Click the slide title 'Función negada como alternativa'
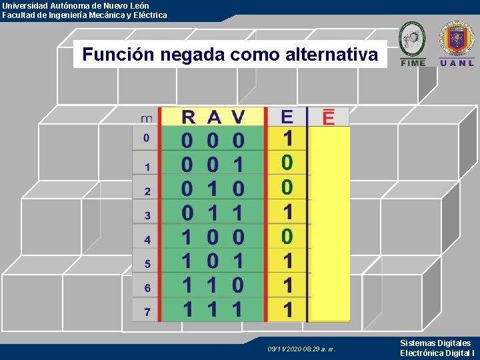tap(230, 54)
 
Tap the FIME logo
tap(412, 43)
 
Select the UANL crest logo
tap(457, 43)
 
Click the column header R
tap(189, 117)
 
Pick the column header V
tap(238, 117)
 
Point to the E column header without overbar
tap(287, 117)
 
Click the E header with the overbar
tap(329, 117)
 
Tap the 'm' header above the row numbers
tap(147, 119)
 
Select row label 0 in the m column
tap(147, 139)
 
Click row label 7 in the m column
tap(147, 311)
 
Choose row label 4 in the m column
tap(147, 239)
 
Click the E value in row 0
tap(287, 139)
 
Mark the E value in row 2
tap(287, 187)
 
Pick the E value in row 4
tap(287, 236)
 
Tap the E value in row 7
tap(287, 310)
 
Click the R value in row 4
tap(189, 237)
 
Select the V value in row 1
tap(238, 164)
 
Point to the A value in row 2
tap(213, 189)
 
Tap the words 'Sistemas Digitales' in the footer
tap(435, 343)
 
